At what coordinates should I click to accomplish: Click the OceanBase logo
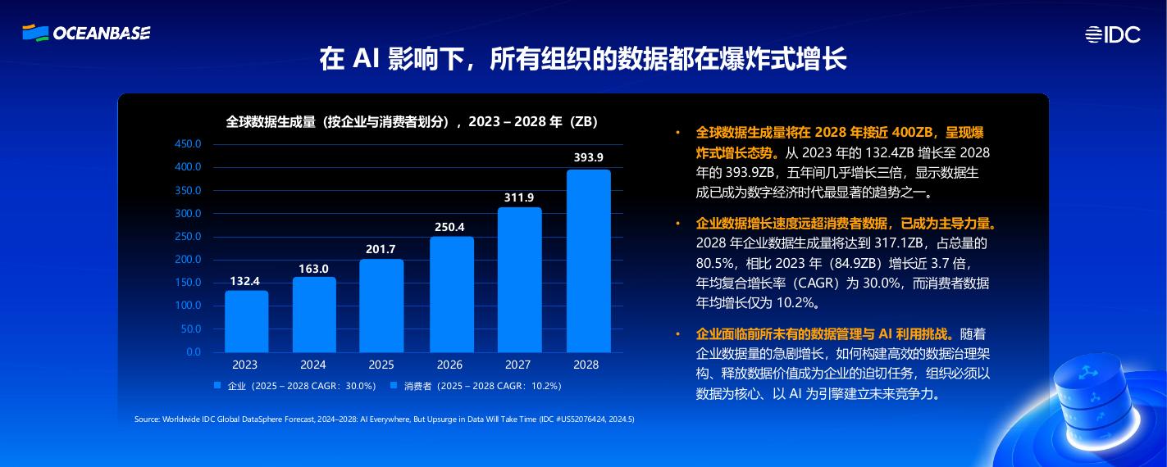tap(86, 33)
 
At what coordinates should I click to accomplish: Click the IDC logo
tap(1112, 34)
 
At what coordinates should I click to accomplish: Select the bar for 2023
tap(247, 321)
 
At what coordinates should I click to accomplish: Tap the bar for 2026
tap(452, 295)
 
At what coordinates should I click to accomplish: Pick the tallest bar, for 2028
tap(588, 261)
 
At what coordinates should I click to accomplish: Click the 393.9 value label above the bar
tap(588, 157)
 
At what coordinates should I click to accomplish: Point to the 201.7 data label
tap(381, 249)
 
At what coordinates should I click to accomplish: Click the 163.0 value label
tap(313, 268)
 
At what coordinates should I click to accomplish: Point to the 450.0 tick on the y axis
tap(188, 144)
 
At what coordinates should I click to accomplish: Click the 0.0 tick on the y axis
tap(194, 351)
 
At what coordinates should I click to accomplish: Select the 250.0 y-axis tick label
tap(188, 237)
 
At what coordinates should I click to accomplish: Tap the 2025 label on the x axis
tap(381, 365)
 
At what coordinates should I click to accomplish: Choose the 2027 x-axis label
tap(517, 365)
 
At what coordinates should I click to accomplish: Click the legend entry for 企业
tap(294, 385)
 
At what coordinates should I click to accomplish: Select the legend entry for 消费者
tap(476, 385)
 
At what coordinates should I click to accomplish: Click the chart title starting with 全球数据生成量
tap(413, 122)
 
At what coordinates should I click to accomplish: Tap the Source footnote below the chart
tap(384, 419)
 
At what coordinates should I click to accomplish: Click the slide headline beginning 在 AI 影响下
tap(582, 59)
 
